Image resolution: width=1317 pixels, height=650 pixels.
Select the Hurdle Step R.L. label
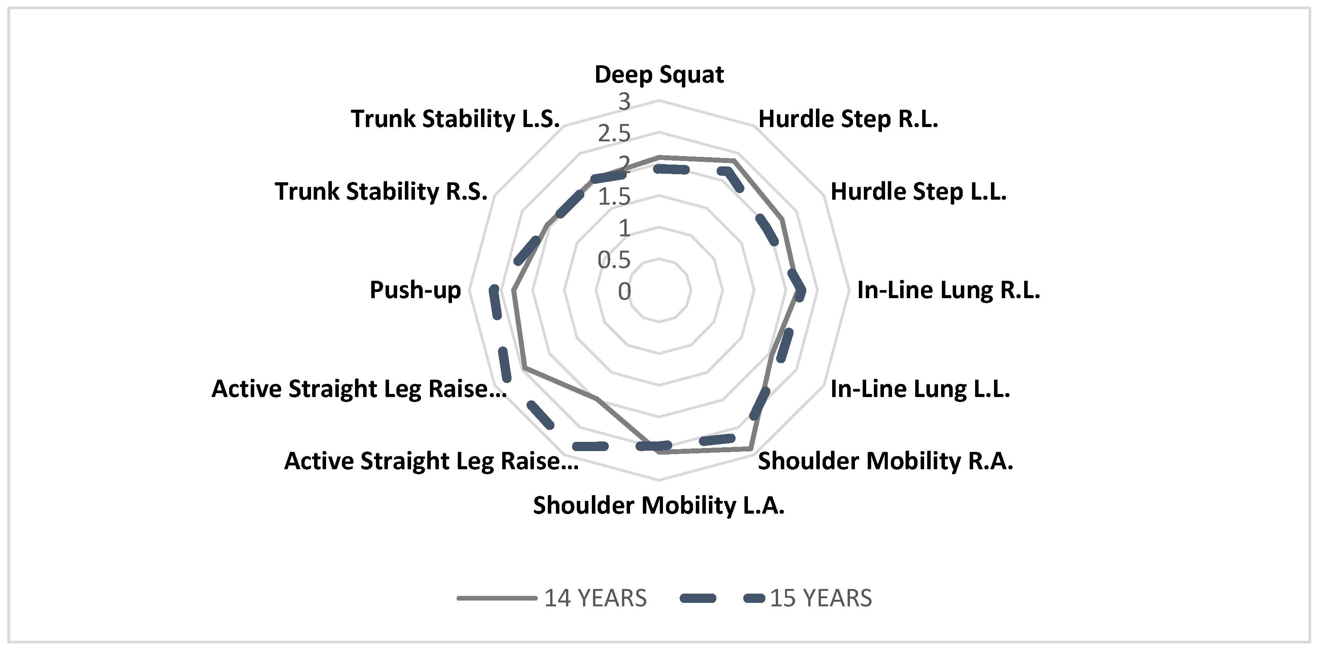click(x=848, y=119)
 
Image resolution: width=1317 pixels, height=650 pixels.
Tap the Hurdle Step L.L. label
click(x=918, y=192)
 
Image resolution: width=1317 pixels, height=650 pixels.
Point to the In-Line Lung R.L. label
click(x=948, y=290)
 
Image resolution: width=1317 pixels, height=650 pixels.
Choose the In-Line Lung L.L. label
click(x=920, y=389)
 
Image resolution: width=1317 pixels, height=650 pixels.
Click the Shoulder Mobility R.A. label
click(x=885, y=461)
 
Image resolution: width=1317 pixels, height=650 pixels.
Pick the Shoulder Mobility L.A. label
click(x=658, y=506)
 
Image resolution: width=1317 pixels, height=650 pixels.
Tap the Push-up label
click(x=415, y=290)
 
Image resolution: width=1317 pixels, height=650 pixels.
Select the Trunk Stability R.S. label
click(x=381, y=192)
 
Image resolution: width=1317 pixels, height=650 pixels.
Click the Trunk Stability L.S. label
click(x=455, y=119)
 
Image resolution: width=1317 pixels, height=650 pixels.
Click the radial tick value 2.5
click(x=615, y=134)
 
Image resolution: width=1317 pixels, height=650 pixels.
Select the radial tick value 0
click(x=624, y=292)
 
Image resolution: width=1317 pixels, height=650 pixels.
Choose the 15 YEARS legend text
click(x=821, y=598)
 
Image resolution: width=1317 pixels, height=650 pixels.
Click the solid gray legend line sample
click(x=496, y=598)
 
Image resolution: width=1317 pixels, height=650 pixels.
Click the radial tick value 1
click(x=624, y=228)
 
